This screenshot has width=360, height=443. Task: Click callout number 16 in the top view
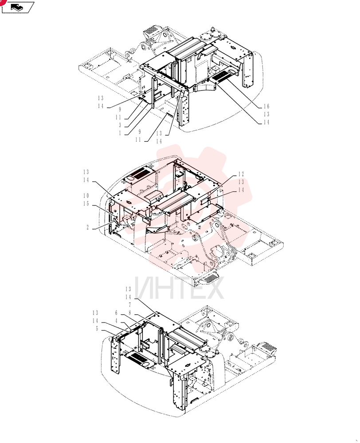pyautogui.click(x=266, y=106)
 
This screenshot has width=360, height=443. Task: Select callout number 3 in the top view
pyautogui.click(x=120, y=125)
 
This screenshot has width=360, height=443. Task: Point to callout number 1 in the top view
pyautogui.click(x=120, y=133)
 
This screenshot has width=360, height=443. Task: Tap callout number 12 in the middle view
pyautogui.click(x=241, y=174)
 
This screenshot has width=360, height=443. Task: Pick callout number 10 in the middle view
pyautogui.click(x=86, y=195)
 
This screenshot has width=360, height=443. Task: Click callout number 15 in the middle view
pyautogui.click(x=86, y=203)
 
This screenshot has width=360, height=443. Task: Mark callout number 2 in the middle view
pyautogui.click(x=88, y=227)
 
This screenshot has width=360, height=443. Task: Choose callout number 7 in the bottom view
pyautogui.click(x=130, y=305)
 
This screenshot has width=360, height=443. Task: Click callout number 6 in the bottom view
pyautogui.click(x=116, y=313)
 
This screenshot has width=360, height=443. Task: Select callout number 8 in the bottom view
pyautogui.click(x=130, y=313)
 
